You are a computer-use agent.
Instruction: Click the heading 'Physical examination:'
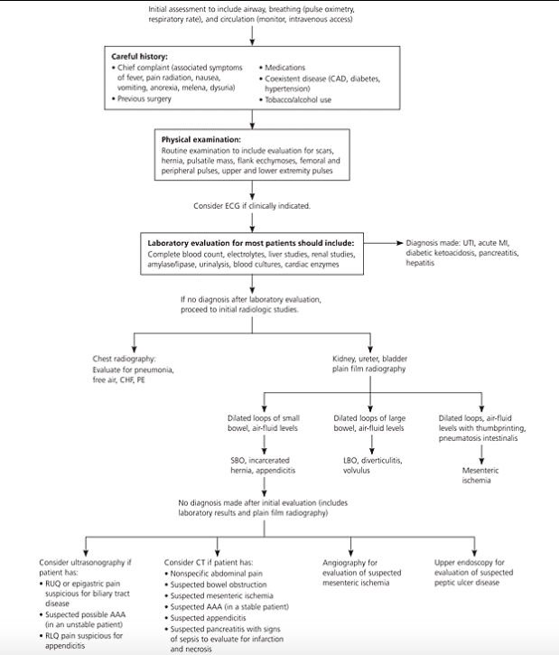click(200, 140)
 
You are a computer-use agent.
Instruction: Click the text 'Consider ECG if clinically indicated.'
click(252, 206)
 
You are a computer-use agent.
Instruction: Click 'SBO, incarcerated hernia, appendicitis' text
click(265, 466)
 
